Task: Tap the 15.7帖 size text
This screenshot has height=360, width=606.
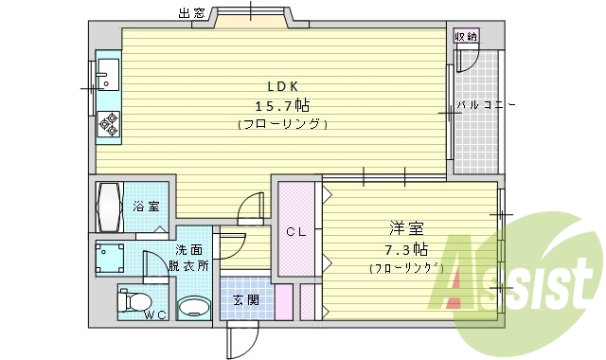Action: (x=281, y=105)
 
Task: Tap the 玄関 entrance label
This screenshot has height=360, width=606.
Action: (x=244, y=300)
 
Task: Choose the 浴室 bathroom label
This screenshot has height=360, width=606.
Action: (x=146, y=207)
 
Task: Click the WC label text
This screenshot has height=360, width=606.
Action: (x=155, y=315)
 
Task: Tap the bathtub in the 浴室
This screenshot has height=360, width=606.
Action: (x=106, y=207)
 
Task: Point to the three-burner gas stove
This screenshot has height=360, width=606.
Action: (x=108, y=124)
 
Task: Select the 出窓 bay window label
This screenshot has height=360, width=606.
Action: (x=192, y=13)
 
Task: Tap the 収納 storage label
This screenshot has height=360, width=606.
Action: (x=465, y=36)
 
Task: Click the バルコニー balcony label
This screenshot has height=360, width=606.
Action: (x=486, y=105)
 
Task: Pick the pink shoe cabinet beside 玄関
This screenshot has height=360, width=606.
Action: (x=282, y=302)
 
